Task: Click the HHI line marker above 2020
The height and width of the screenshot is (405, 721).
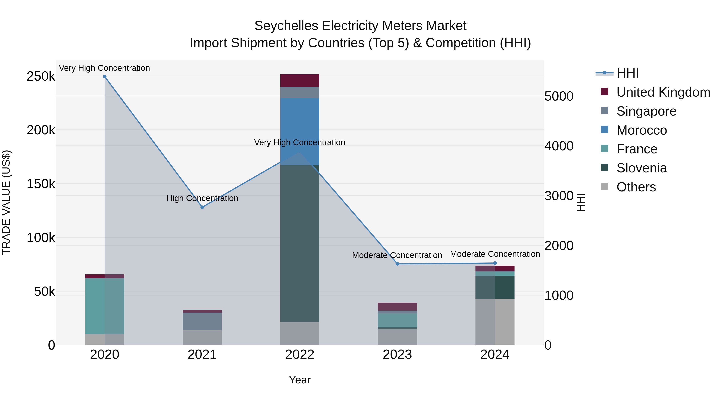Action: [105, 77]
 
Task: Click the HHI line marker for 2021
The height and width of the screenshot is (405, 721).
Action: [202, 207]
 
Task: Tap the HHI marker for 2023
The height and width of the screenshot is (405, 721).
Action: [397, 264]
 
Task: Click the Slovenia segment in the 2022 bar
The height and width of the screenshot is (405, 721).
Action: [300, 243]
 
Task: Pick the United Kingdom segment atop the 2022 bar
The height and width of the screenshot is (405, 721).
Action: [300, 80]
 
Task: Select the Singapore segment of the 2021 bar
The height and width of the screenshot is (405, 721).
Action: [202, 321]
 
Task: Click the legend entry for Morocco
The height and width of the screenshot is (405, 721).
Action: [641, 130]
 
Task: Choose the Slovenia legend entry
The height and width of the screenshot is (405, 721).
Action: [641, 168]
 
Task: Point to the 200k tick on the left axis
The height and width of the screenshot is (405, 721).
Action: [41, 130]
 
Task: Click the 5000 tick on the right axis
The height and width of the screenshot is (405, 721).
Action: [559, 96]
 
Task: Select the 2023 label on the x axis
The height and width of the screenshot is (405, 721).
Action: [397, 355]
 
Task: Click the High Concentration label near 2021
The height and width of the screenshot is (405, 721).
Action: [202, 198]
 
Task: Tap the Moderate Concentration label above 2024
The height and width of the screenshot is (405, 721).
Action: [495, 254]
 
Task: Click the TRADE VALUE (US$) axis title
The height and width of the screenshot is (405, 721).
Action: [6, 202]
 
